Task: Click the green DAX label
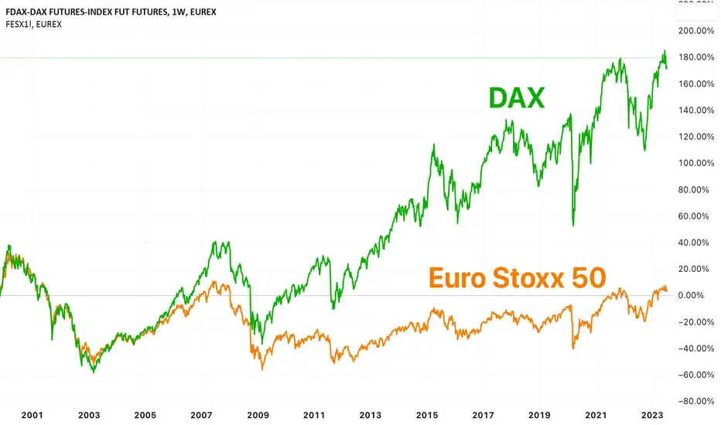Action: (516, 98)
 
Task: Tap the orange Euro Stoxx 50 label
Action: (518, 278)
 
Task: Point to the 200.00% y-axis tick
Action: (696, 31)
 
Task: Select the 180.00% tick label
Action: (696, 57)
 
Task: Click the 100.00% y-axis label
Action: (696, 163)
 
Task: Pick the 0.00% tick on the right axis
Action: (691, 295)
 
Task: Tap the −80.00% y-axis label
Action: (696, 401)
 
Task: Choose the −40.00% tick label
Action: (696, 348)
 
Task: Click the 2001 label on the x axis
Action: (32, 415)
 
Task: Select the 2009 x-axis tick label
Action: (258, 415)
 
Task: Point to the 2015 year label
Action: (427, 415)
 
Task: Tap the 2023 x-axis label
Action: (652, 415)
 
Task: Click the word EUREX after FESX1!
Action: (49, 25)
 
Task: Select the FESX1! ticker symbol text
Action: (19, 25)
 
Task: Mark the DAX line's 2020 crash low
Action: (573, 226)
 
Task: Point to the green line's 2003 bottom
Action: (94, 372)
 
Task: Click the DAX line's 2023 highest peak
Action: (665, 50)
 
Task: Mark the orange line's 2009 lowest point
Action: (262, 369)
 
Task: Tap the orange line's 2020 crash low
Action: (573, 348)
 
